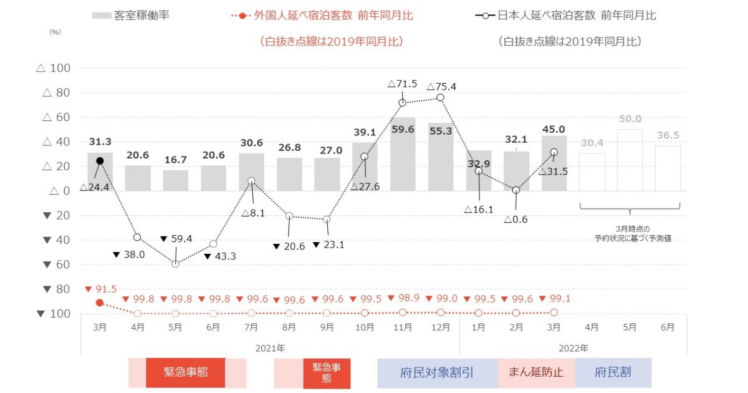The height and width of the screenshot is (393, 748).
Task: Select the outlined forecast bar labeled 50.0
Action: click(630, 160)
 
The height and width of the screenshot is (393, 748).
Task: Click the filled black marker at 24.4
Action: click(100, 161)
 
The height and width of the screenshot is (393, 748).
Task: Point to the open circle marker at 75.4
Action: click(440, 97)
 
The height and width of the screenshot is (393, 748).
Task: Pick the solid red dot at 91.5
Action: click(100, 303)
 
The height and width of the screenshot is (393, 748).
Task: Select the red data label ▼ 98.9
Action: click(403, 299)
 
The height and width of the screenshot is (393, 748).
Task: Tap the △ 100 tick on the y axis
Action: click(54, 68)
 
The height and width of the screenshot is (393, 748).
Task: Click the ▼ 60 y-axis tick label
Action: click(54, 264)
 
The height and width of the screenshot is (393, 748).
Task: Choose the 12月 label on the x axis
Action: click(441, 327)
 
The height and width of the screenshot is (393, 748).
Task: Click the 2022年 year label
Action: click(573, 347)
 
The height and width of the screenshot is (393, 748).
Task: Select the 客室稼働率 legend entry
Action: click(131, 16)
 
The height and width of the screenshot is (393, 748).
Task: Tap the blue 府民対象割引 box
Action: click(436, 373)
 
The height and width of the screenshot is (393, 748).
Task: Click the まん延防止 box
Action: click(536, 373)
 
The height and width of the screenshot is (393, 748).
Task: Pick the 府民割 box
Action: click(613, 373)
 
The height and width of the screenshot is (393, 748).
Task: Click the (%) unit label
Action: click(55, 32)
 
